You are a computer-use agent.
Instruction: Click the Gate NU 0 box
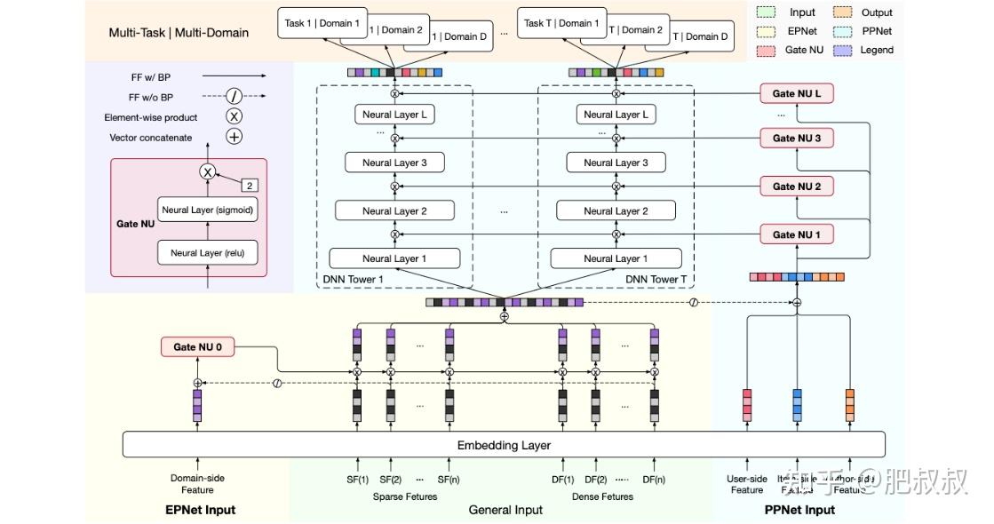[x=197, y=348]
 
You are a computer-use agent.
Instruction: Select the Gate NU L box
[x=796, y=94]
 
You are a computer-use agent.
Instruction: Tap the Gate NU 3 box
[x=796, y=139]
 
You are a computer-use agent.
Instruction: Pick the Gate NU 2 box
[x=796, y=187]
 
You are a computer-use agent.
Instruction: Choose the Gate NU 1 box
[x=796, y=234]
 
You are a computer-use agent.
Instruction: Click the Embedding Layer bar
[x=504, y=445]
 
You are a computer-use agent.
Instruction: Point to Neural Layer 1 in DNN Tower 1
[x=394, y=258]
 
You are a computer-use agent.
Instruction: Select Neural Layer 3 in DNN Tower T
[x=616, y=163]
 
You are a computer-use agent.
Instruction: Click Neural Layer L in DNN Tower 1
[x=394, y=115]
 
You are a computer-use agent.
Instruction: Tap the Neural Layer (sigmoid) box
[x=207, y=210]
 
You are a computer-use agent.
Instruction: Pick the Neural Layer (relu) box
[x=207, y=253]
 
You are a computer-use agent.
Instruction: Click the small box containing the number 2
[x=250, y=186]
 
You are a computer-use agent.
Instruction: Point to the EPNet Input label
[x=200, y=510]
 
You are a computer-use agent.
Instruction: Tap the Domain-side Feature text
[x=197, y=484]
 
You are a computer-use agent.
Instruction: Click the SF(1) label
[x=357, y=480]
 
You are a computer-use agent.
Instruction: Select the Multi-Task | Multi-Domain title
[x=179, y=33]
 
